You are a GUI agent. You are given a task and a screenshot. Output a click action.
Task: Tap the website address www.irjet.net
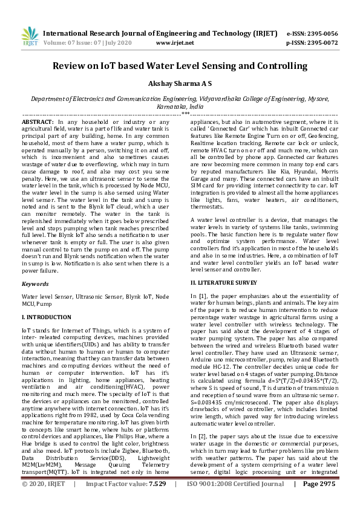click(x=175, y=43)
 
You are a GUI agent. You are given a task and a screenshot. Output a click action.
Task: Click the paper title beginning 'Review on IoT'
click(x=180, y=66)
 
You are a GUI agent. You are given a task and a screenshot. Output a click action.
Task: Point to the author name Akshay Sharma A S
click(x=180, y=85)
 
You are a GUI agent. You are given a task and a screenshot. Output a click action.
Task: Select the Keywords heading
click(x=35, y=283)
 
